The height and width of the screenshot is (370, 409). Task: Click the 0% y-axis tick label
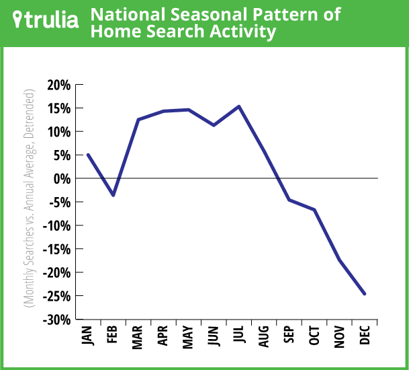(x=61, y=178)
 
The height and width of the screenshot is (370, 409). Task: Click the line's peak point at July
(x=239, y=106)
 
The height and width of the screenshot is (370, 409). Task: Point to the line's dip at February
(x=113, y=195)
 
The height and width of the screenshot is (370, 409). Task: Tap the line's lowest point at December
(x=365, y=294)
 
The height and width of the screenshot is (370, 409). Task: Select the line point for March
(x=138, y=120)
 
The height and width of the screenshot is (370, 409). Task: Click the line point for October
(x=314, y=210)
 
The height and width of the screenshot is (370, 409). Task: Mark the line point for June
(x=214, y=125)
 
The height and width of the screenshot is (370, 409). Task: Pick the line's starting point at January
(x=88, y=155)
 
